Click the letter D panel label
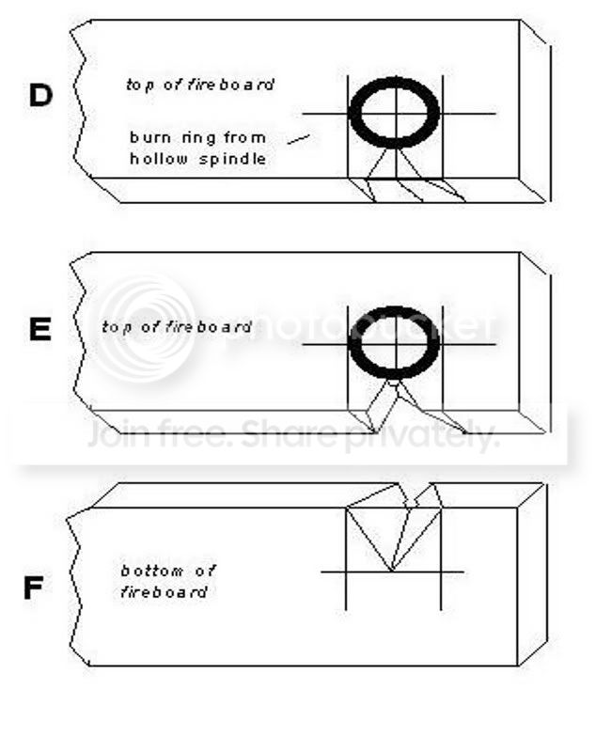pyautogui.click(x=40, y=96)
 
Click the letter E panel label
pyautogui.click(x=39, y=331)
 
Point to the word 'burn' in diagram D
pyautogui.click(x=149, y=138)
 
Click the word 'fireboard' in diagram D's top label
pyautogui.click(x=239, y=85)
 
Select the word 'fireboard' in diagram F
pyautogui.click(x=163, y=592)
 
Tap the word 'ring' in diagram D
pyautogui.click(x=198, y=138)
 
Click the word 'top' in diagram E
pyautogui.click(x=114, y=327)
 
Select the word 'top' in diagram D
pyautogui.click(x=139, y=85)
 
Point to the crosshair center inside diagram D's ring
pyautogui.click(x=395, y=114)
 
